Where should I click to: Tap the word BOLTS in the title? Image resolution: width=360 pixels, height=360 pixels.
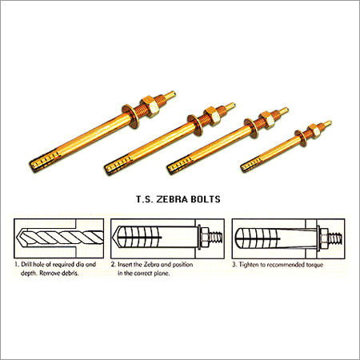tap(212, 194)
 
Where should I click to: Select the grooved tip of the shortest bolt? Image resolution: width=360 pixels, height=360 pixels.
tap(252, 166)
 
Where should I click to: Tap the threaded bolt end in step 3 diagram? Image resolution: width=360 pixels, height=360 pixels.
tap(339, 238)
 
